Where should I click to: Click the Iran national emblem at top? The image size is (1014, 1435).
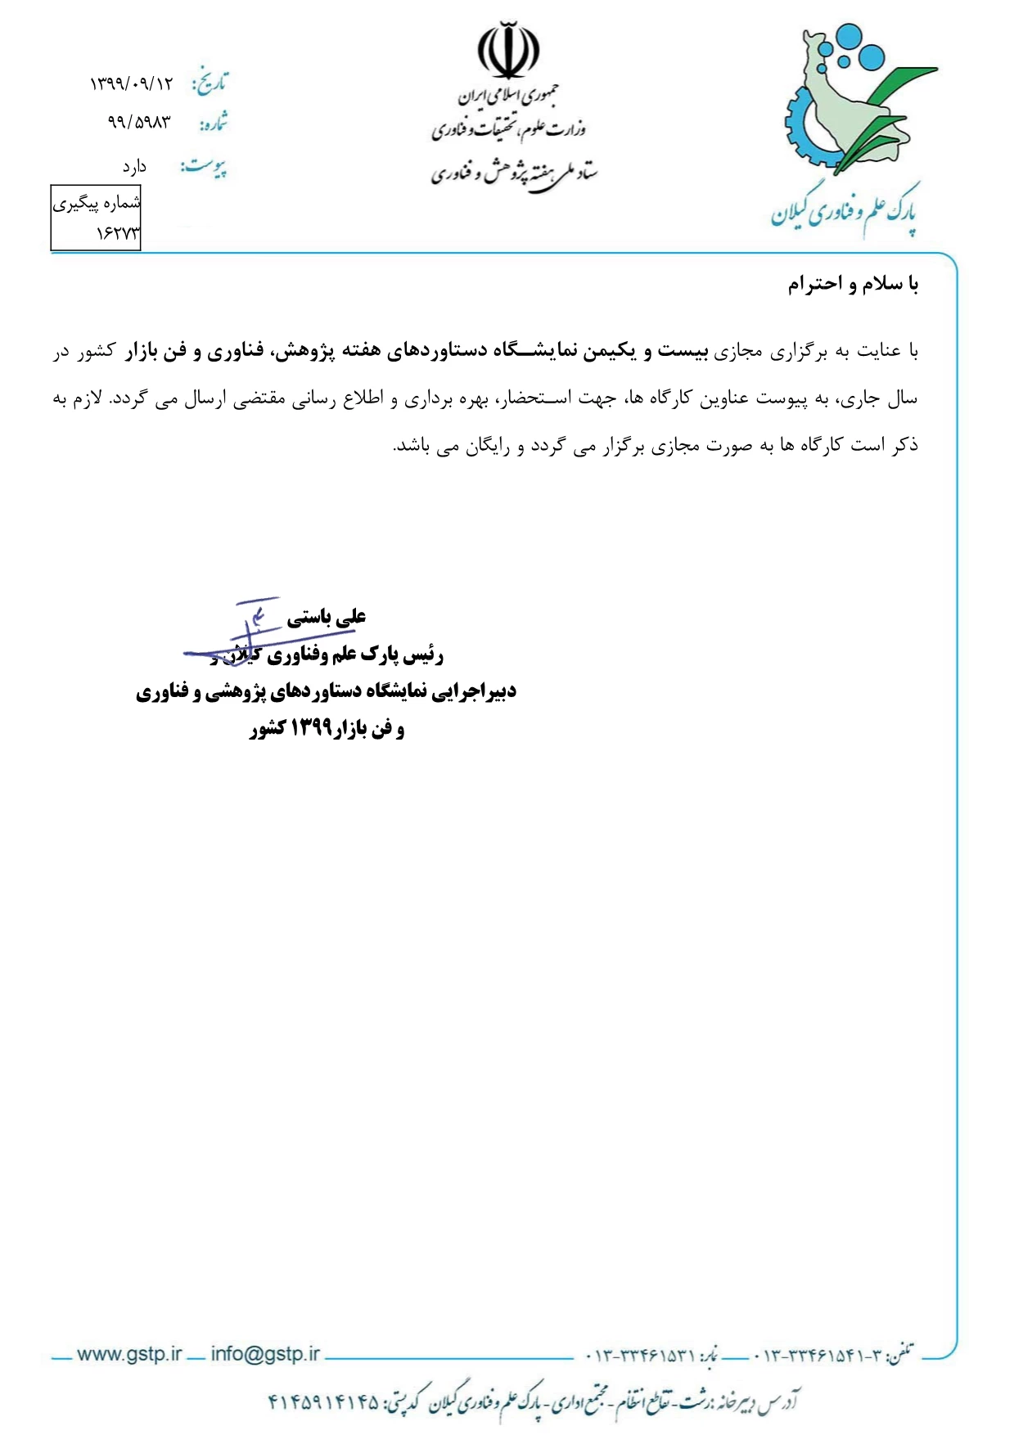[x=508, y=52]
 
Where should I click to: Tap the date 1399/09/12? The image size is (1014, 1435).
[x=132, y=83]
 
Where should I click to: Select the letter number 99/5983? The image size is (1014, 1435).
[x=139, y=123]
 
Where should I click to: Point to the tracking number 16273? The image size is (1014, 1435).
[x=118, y=234]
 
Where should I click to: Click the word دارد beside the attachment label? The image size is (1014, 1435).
[x=134, y=167]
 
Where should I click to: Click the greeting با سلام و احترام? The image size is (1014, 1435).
[x=853, y=285]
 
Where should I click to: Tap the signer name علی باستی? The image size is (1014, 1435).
[x=326, y=618]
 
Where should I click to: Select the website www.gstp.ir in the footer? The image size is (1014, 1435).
[x=128, y=1354]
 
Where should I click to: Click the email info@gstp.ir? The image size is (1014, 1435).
[x=265, y=1354]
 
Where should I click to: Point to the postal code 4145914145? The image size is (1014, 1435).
[x=324, y=1402]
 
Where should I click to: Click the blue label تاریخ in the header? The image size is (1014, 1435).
[x=210, y=82]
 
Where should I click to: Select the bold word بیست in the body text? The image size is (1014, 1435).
[x=685, y=351]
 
